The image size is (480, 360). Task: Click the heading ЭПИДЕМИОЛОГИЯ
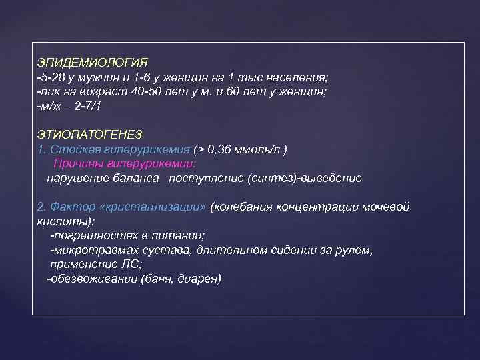click(x=93, y=62)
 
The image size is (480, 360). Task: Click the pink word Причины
click(x=75, y=163)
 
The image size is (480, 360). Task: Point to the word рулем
click(x=353, y=250)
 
